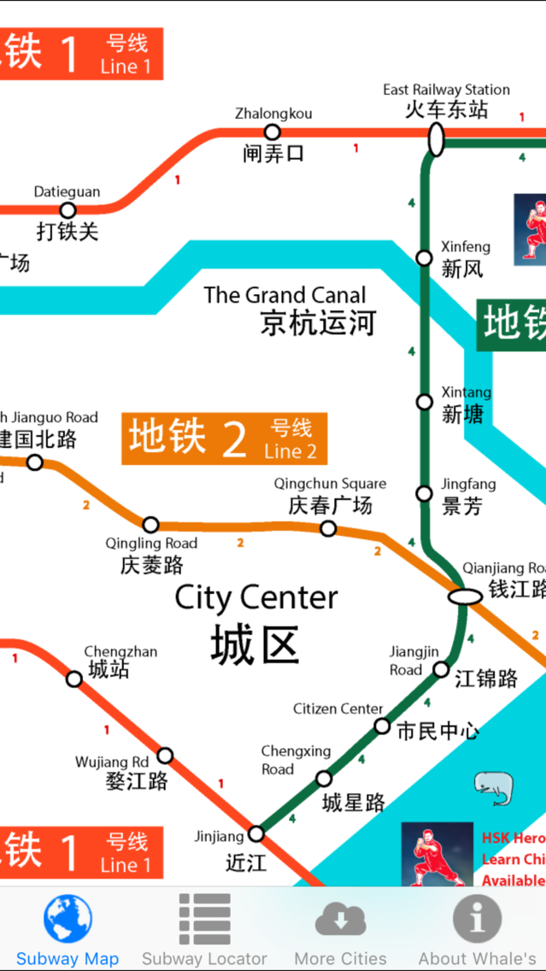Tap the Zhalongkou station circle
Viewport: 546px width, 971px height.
tap(272, 132)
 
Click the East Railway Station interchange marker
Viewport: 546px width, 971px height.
tap(436, 139)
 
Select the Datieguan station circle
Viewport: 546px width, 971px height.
tap(68, 210)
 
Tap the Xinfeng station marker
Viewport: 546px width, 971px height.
tap(424, 257)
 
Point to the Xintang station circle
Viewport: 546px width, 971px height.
tap(424, 402)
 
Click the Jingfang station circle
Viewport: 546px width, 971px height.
tap(424, 493)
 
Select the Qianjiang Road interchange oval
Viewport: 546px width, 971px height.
tap(466, 596)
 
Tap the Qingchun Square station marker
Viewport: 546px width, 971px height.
tap(328, 528)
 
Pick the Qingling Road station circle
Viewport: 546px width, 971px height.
tap(150, 524)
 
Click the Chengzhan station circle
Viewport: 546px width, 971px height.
tap(74, 679)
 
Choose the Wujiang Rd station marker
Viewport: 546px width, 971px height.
tap(165, 756)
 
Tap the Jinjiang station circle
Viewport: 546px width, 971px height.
tap(256, 833)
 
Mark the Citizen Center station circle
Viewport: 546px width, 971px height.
tap(382, 727)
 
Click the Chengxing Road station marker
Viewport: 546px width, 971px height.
tap(324, 779)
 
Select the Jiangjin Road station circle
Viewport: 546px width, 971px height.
tap(441, 669)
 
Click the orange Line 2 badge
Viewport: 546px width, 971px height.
tap(224, 438)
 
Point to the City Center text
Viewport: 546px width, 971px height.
tap(256, 597)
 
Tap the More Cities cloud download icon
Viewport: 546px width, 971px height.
tap(340, 920)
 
